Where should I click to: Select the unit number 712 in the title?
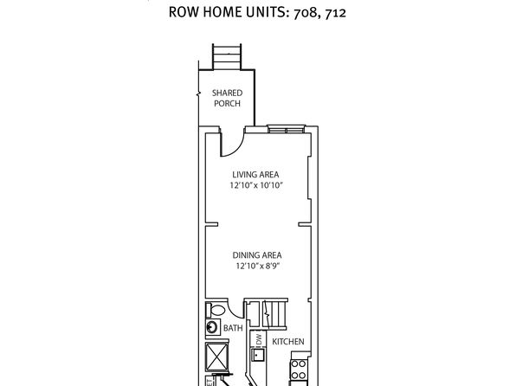[335, 13]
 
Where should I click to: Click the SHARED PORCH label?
[227, 98]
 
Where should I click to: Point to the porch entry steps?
[227, 56]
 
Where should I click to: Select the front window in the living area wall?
[286, 129]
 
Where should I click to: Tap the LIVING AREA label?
[255, 175]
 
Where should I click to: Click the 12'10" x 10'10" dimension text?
[256, 185]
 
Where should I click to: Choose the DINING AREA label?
[257, 255]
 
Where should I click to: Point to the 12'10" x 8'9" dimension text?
[257, 266]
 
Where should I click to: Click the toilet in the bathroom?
[216, 310]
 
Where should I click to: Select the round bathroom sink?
[212, 327]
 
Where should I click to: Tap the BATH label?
[233, 328]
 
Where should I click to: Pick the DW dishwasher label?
[259, 339]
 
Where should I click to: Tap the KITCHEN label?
[288, 342]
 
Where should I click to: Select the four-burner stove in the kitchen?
[299, 370]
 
